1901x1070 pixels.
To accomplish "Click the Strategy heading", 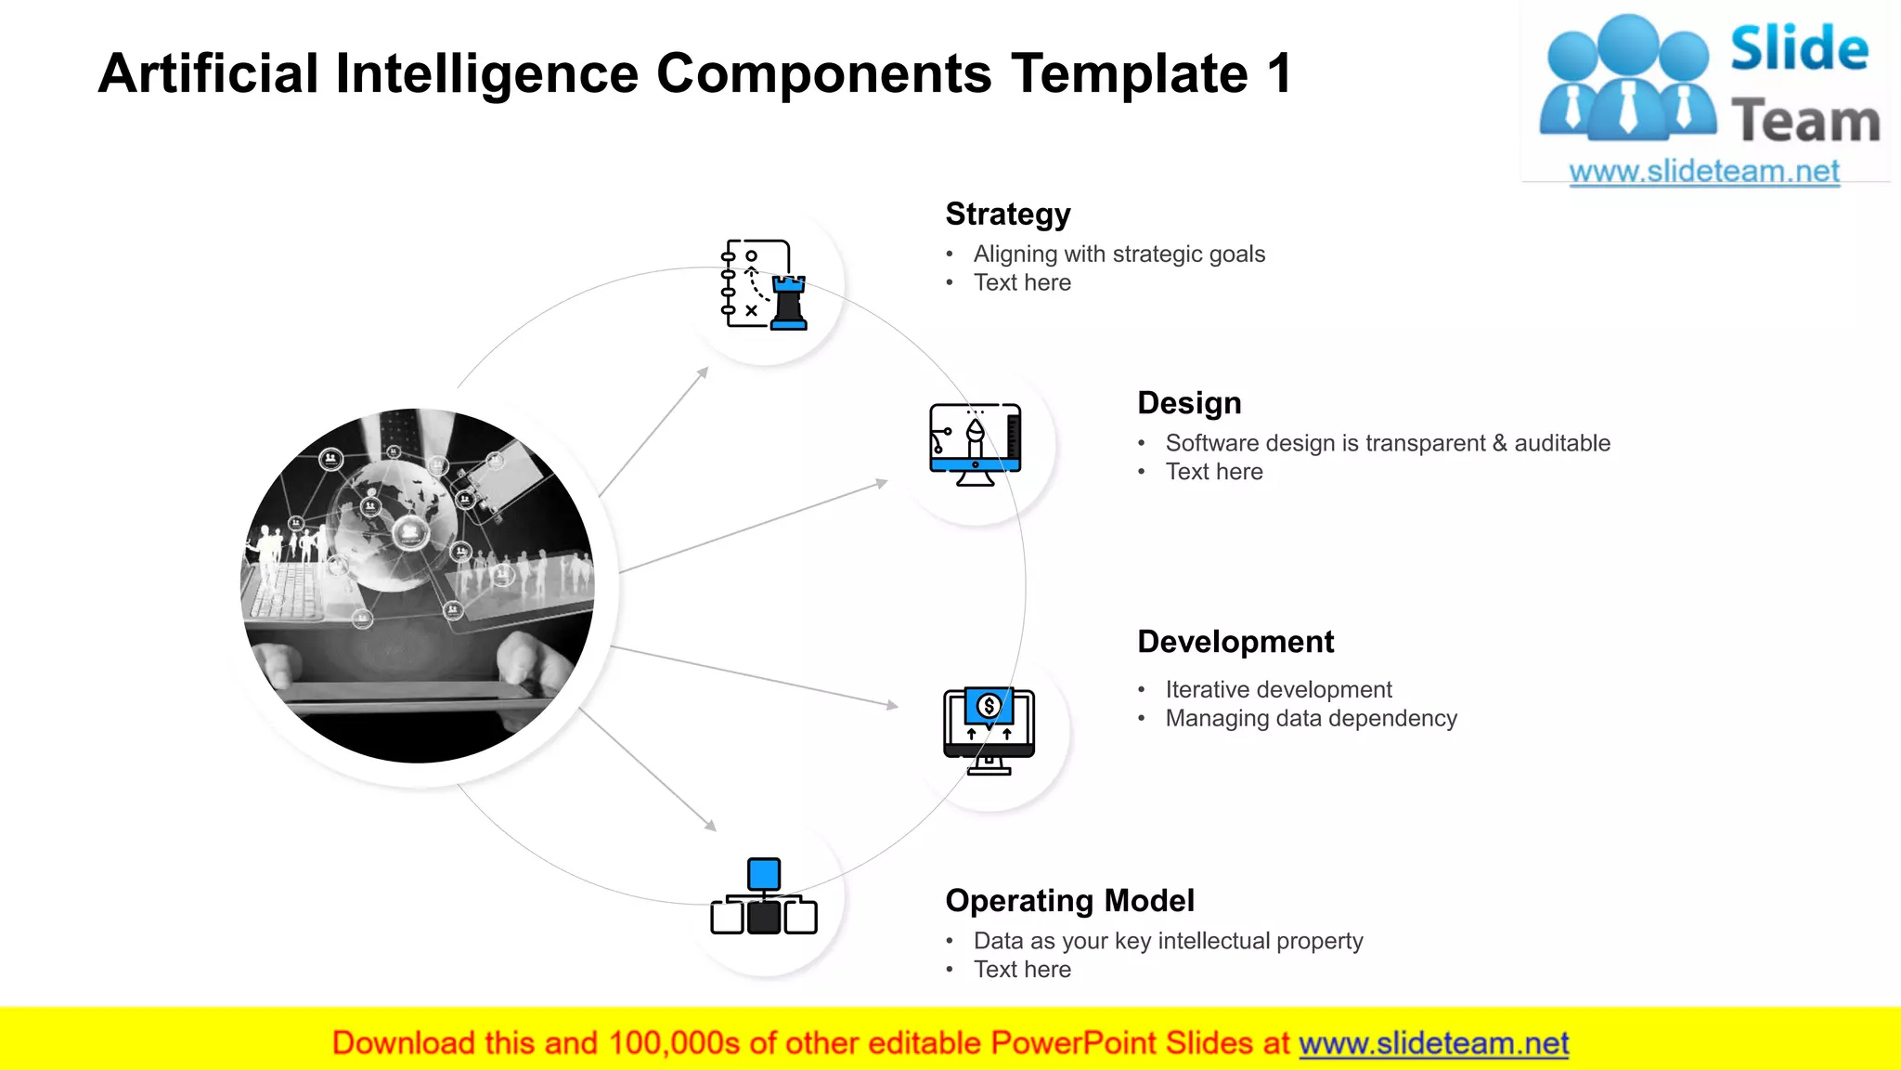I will (1008, 215).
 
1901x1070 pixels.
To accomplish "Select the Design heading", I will (1189, 403).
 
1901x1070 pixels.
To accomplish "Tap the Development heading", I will (1235, 642).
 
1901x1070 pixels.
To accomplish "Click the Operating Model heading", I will (1069, 901).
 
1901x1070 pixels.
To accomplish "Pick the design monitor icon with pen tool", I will (976, 445).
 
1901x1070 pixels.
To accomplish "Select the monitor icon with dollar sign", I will (989, 731).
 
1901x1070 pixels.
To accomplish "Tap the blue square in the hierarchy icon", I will (764, 874).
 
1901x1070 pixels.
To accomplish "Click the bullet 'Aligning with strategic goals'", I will (1119, 254).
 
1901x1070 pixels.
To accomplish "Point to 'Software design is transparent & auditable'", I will (1388, 443).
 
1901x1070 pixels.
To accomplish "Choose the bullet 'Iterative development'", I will (1278, 689).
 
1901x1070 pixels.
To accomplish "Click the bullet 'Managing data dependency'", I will (1311, 718).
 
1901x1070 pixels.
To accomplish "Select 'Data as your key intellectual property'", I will (1168, 941).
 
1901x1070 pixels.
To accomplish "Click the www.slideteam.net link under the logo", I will (1704, 171).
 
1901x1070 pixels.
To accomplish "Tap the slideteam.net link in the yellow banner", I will (1433, 1043).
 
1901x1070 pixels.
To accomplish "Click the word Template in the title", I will (1130, 73).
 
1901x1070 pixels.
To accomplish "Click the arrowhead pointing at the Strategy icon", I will (704, 372).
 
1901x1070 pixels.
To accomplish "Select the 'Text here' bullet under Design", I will (1213, 472).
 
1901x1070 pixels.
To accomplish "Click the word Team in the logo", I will (1805, 122).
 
